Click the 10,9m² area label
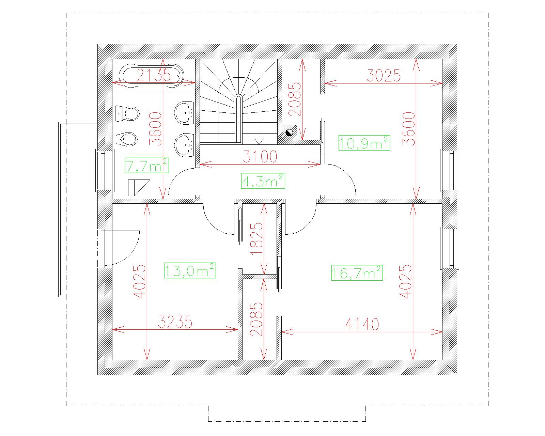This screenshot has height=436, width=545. pyautogui.click(x=364, y=143)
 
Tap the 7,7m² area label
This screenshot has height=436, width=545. pyautogui.click(x=147, y=166)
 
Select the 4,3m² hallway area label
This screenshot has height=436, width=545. pyautogui.click(x=263, y=181)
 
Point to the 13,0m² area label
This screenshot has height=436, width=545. pyautogui.click(x=190, y=270)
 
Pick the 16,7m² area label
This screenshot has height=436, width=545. pyautogui.click(x=357, y=273)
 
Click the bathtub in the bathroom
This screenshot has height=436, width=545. pyautogui.click(x=152, y=76)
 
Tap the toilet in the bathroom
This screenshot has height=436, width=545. pyautogui.click(x=127, y=114)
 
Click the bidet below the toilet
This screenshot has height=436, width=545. pyautogui.click(x=126, y=139)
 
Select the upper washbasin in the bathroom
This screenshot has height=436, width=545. pyautogui.click(x=184, y=113)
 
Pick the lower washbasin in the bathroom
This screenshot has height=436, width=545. pyautogui.click(x=184, y=145)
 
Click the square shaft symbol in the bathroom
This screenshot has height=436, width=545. pyautogui.click(x=139, y=188)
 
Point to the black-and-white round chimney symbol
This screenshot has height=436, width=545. pyautogui.click(x=289, y=133)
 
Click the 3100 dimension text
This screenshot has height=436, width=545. pyautogui.click(x=260, y=156)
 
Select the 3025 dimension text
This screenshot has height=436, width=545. pyautogui.click(x=384, y=75)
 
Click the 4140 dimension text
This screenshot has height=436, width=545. pyautogui.click(x=362, y=324)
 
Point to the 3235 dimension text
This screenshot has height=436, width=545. pyautogui.click(x=175, y=322)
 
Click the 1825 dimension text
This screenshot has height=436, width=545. pyautogui.click(x=256, y=239)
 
